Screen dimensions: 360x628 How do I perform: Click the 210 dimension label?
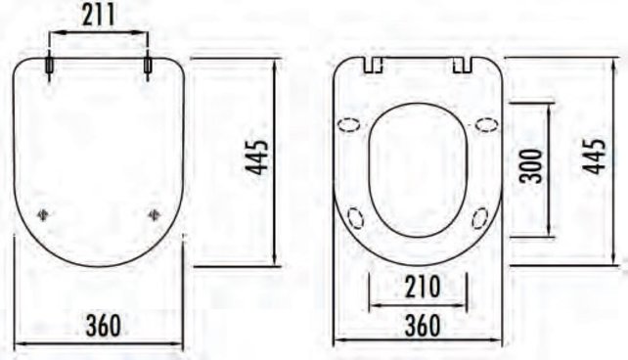tap(418, 288)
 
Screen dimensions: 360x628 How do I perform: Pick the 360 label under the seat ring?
tap(418, 325)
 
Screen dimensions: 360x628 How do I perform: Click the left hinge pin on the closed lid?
tap(49, 65)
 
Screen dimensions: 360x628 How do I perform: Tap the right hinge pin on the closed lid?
tap(148, 65)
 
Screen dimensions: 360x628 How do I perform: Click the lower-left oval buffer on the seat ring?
tap(355, 216)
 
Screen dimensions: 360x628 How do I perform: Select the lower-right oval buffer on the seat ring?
tap(480, 217)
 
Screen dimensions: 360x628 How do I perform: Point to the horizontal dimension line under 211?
tap(98, 32)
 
